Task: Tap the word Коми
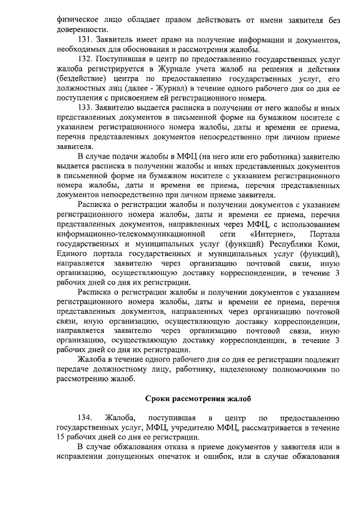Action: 328,243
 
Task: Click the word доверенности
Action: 83,30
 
